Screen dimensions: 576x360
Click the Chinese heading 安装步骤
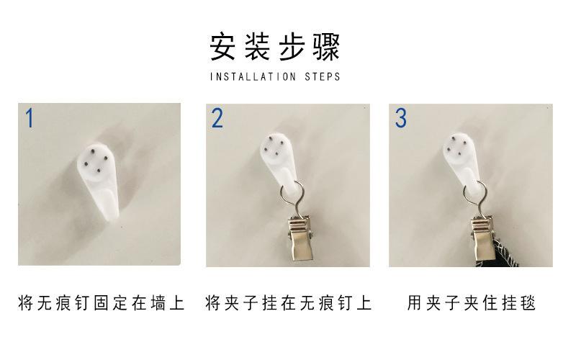pyautogui.click(x=275, y=47)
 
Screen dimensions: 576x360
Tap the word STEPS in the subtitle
pyautogui.click(x=323, y=77)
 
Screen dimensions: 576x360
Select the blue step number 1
pyautogui.click(x=30, y=118)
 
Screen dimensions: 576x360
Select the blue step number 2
pyautogui.click(x=217, y=118)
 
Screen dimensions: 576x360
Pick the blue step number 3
pyautogui.click(x=401, y=118)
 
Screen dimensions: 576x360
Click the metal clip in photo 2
pyautogui.click(x=301, y=238)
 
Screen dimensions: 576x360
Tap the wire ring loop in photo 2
pyautogui.click(x=292, y=194)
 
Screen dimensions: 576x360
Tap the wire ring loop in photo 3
pyautogui.click(x=475, y=194)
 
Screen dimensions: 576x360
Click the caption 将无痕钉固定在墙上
pyautogui.click(x=101, y=303)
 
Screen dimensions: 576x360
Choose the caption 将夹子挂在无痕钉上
pyautogui.click(x=289, y=303)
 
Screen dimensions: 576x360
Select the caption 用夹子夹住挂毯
pyautogui.click(x=472, y=303)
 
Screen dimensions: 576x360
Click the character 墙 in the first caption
pyautogui.click(x=158, y=303)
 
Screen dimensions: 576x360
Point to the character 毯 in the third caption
pyautogui.click(x=528, y=303)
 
